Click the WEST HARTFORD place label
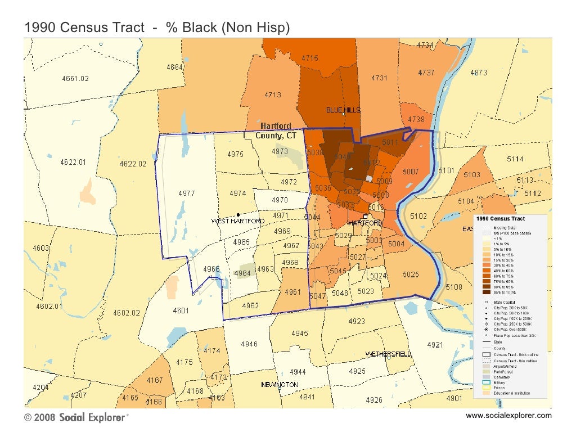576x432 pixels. pyautogui.click(x=237, y=221)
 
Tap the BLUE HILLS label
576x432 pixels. pyautogui.click(x=343, y=110)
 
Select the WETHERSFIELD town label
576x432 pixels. pyautogui.click(x=389, y=354)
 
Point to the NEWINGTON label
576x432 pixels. pyautogui.click(x=280, y=384)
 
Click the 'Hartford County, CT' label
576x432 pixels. pyautogui.click(x=276, y=130)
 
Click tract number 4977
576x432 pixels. pyautogui.click(x=187, y=193)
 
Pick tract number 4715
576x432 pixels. pyautogui.click(x=310, y=58)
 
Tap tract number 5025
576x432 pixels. pyautogui.click(x=411, y=274)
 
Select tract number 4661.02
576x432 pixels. pyautogui.click(x=75, y=79)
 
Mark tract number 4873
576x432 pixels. pyautogui.click(x=479, y=73)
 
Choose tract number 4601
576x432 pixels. pyautogui.click(x=181, y=310)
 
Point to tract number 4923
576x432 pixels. pyautogui.click(x=357, y=321)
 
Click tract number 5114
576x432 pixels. pyautogui.click(x=514, y=159)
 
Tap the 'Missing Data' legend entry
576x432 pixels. pyautogui.click(x=504, y=228)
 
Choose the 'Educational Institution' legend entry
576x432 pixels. pyautogui.click(x=511, y=393)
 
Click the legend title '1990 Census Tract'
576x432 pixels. pyautogui.click(x=501, y=218)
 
